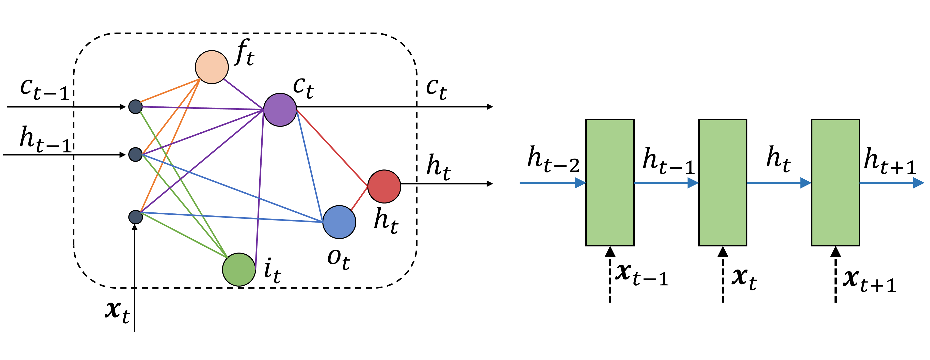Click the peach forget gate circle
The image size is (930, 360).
[x=212, y=67]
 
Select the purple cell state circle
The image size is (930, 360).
[x=280, y=110]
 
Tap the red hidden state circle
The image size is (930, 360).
[x=384, y=186]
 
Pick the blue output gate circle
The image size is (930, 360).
[x=339, y=222]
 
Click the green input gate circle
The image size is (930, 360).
[x=239, y=269]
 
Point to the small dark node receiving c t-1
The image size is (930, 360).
[x=135, y=107]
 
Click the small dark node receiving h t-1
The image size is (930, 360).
[x=135, y=154]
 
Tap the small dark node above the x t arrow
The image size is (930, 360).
[x=135, y=217]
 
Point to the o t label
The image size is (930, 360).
[x=338, y=259]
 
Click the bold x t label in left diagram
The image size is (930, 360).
[x=117, y=311]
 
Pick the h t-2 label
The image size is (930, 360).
[x=553, y=160]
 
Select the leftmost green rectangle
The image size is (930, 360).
[x=610, y=183]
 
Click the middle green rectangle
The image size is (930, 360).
[x=723, y=183]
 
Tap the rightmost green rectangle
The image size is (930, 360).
[x=836, y=183]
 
